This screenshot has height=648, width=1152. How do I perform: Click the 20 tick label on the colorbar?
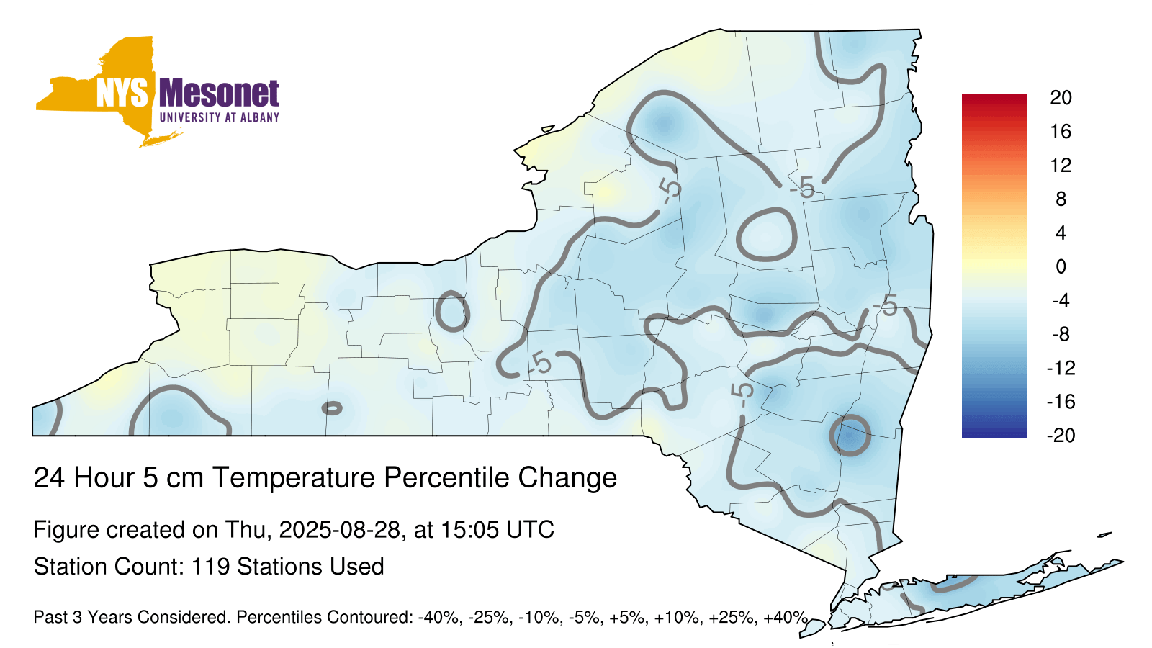click(1061, 98)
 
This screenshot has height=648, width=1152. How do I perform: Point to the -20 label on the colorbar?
click(1061, 436)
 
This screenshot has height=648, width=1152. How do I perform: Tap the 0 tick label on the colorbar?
click(1061, 266)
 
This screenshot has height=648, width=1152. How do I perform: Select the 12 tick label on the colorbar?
click(1061, 165)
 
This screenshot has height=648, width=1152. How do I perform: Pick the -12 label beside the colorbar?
click(1061, 368)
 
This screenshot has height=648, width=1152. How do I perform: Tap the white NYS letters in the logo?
click(122, 93)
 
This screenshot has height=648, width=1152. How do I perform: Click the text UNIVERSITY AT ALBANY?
click(219, 117)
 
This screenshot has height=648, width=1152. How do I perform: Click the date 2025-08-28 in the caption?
click(339, 530)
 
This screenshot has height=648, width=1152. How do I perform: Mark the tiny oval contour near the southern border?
click(332, 408)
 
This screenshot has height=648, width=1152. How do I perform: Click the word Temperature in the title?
click(294, 477)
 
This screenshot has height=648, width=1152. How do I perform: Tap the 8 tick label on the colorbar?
click(1061, 199)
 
